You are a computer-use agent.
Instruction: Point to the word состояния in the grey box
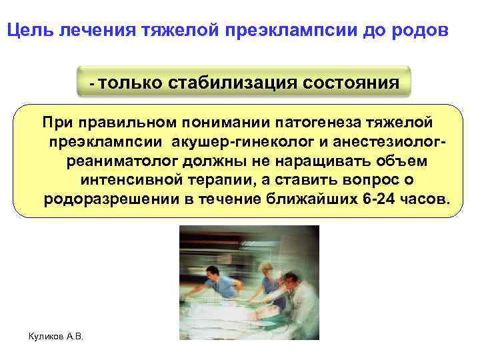click(x=351, y=83)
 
